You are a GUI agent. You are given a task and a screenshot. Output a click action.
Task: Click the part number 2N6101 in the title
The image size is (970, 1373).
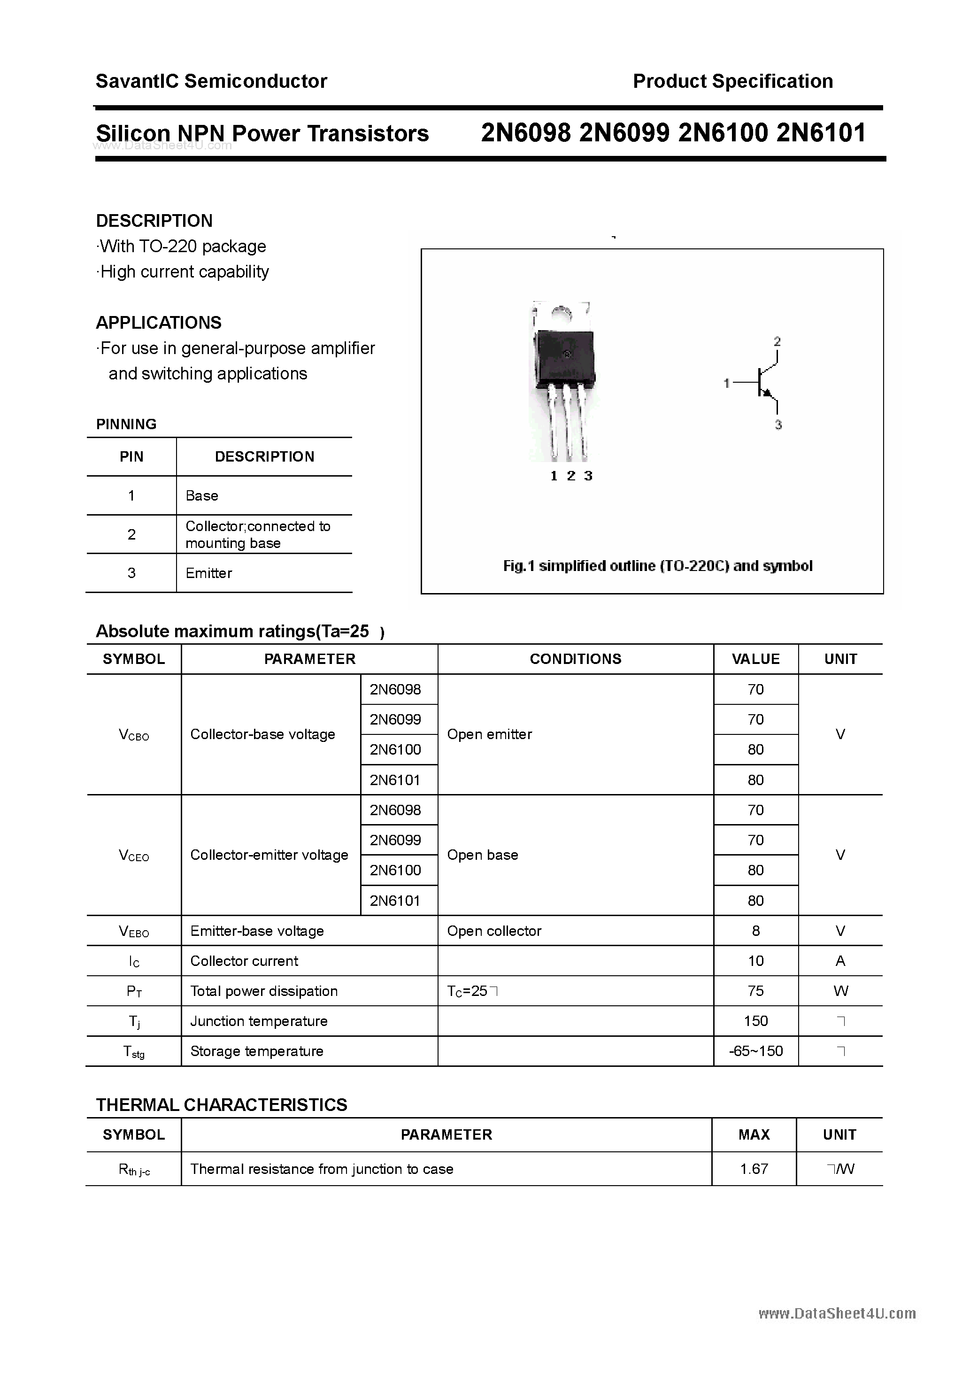(x=821, y=133)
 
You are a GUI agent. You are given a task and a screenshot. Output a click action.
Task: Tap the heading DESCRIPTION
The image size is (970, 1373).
(x=154, y=221)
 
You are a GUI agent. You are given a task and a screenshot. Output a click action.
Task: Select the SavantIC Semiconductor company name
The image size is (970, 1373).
(x=211, y=81)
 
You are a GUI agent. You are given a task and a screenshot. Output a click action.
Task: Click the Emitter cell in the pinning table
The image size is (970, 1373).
(x=209, y=573)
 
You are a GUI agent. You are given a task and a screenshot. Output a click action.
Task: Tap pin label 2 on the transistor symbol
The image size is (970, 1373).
(x=777, y=341)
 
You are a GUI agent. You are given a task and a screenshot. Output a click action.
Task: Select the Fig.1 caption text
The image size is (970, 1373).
(x=657, y=566)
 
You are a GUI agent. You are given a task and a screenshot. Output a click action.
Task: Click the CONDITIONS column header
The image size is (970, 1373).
(x=575, y=659)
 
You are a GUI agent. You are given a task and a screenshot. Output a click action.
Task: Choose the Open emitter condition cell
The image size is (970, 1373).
(x=489, y=734)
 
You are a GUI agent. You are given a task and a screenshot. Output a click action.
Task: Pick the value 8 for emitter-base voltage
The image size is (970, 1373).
(x=755, y=931)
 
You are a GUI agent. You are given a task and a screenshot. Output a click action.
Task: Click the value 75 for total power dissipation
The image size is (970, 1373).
(x=755, y=991)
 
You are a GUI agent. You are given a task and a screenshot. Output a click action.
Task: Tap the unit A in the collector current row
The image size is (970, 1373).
(x=840, y=961)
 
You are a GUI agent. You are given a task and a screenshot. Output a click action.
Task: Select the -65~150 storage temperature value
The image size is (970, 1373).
(x=755, y=1051)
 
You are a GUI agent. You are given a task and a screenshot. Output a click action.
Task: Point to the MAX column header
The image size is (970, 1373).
(x=754, y=1135)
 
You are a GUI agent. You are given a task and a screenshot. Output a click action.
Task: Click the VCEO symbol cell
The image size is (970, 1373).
(x=134, y=856)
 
